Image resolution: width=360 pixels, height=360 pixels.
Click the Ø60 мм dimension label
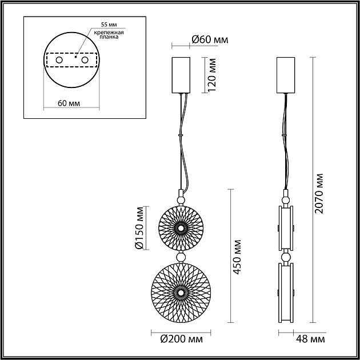click(x=209, y=39)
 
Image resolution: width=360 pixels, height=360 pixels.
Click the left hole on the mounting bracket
click(x=58, y=60)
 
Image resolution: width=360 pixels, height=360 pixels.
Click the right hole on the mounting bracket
click(x=85, y=60)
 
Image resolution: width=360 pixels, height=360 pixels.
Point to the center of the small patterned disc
click(x=181, y=228)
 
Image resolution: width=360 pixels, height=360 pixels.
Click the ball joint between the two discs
click(x=181, y=257)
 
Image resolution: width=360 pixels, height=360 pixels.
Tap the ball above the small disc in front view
click(x=181, y=199)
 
